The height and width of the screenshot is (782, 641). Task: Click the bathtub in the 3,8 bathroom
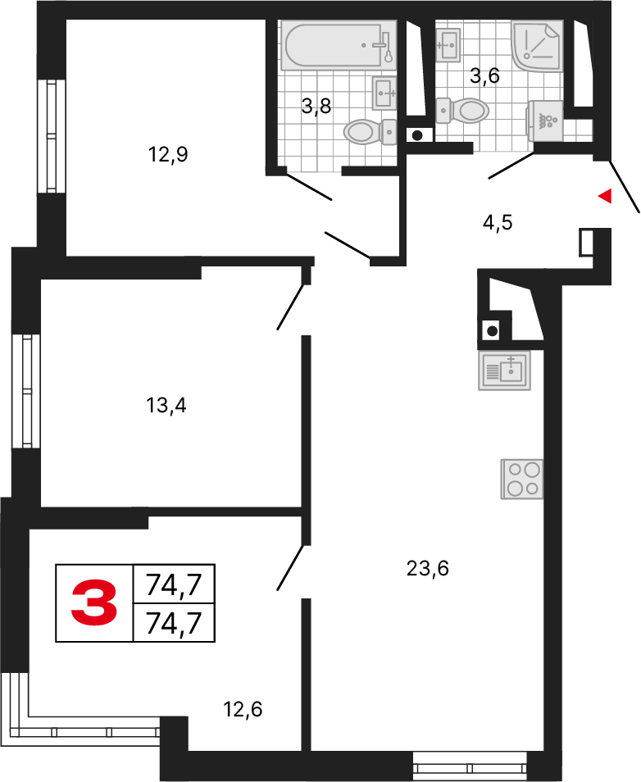[x=339, y=45]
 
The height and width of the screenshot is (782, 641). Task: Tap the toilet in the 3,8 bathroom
[x=370, y=132]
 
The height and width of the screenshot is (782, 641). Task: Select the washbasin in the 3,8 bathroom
[x=384, y=93]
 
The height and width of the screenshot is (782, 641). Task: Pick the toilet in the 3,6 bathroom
[x=461, y=110]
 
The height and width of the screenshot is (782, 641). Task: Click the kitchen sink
[x=504, y=370]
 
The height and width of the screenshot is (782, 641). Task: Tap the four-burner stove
[x=522, y=479]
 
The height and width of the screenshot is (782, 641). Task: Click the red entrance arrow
[x=605, y=196]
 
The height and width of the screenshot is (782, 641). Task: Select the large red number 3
[x=94, y=603]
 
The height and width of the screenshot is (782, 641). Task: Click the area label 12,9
[x=168, y=155]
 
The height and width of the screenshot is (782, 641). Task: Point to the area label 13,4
[x=166, y=406]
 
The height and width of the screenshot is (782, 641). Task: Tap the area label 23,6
[x=428, y=568]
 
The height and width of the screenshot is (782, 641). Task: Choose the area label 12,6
[x=243, y=709]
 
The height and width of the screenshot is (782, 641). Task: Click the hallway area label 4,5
[x=498, y=222]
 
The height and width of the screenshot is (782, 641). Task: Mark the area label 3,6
[x=485, y=76]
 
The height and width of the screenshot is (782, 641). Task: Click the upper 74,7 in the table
[x=174, y=584]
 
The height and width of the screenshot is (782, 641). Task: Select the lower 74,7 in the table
[x=174, y=623]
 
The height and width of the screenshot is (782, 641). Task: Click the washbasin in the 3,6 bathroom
[x=448, y=44]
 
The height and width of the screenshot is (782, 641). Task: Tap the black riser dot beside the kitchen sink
[x=493, y=330]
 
